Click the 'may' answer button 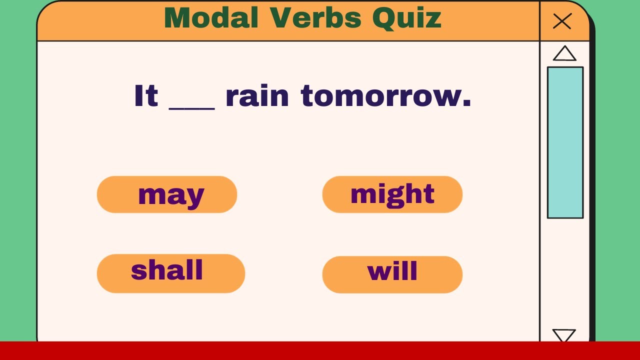pyautogui.click(x=166, y=194)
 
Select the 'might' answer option pyautogui.click(x=392, y=194)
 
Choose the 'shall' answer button pyautogui.click(x=170, y=273)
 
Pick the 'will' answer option pyautogui.click(x=392, y=274)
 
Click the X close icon pyautogui.click(x=562, y=21)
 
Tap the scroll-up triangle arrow pyautogui.click(x=564, y=53)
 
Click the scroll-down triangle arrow pyautogui.click(x=564, y=335)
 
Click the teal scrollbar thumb pyautogui.click(x=565, y=142)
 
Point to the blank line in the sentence pyautogui.click(x=192, y=106)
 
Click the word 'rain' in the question pyautogui.click(x=257, y=96)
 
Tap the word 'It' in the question pyautogui.click(x=145, y=96)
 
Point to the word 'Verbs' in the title pyautogui.click(x=316, y=18)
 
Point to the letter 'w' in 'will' pyautogui.click(x=378, y=272)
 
